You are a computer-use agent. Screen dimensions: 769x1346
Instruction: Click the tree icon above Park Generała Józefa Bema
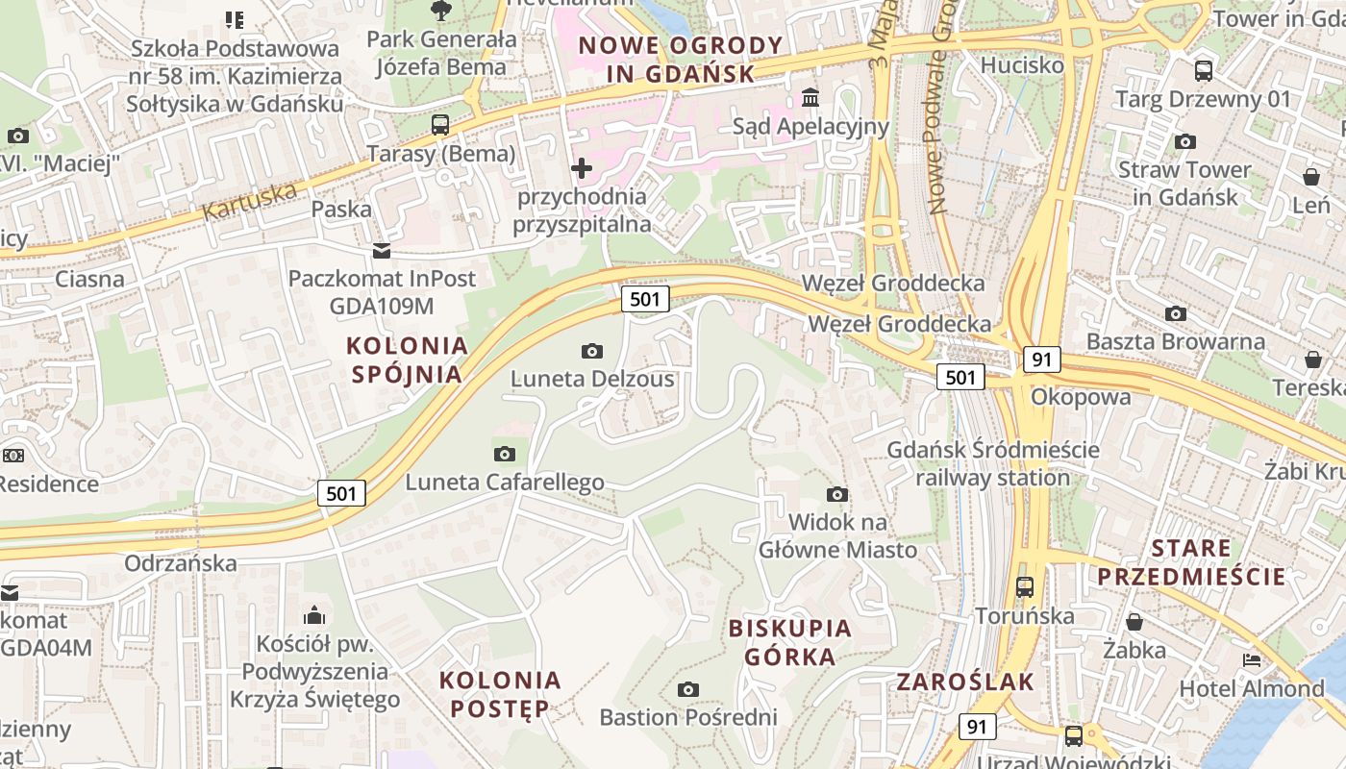tap(441, 11)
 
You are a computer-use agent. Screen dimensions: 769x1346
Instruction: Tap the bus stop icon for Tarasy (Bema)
tap(440, 124)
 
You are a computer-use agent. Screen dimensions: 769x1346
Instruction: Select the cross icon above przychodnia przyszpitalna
tap(582, 168)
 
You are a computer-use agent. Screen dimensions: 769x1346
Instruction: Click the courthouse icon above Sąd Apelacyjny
tap(810, 97)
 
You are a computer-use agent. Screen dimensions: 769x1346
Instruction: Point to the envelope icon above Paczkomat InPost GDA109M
tap(382, 251)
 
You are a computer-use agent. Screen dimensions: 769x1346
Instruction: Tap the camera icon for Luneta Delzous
tap(592, 351)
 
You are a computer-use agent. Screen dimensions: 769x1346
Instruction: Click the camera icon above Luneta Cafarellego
tap(504, 454)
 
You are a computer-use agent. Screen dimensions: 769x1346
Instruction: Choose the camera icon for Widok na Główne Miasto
tap(837, 494)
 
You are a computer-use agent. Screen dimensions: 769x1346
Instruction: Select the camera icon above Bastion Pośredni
tap(687, 689)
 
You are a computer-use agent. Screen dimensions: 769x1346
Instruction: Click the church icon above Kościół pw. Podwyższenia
tap(314, 615)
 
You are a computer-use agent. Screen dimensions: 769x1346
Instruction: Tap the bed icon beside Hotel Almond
tap(1251, 660)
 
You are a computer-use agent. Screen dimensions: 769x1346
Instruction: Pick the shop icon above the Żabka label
tap(1134, 621)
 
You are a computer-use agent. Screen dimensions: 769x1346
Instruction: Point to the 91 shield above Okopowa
tap(1042, 360)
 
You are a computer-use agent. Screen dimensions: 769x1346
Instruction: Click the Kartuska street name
tap(250, 200)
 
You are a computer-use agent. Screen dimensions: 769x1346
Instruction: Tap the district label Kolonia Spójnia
tap(407, 359)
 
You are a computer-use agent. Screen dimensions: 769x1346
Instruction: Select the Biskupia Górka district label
tap(789, 642)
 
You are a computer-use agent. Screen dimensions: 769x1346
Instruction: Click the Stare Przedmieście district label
tap(1191, 562)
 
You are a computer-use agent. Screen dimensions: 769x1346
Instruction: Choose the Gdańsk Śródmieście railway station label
tap(992, 463)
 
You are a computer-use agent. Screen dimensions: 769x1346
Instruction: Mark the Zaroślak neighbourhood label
tap(965, 682)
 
